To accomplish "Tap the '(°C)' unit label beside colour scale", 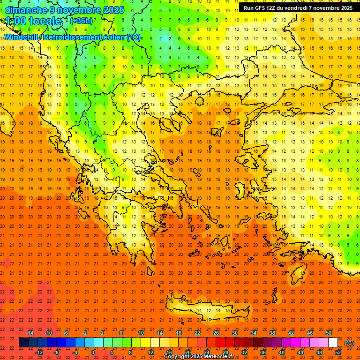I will [x=349, y=343].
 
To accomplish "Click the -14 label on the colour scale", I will [x=30, y=333].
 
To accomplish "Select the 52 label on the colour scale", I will [x=338, y=352].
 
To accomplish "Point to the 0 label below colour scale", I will [x=92, y=352].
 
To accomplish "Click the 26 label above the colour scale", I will [x=216, y=333].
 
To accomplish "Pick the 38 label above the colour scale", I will [x=272, y=333].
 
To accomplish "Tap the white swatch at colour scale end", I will [x=333, y=343].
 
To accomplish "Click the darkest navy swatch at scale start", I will [x=23, y=343].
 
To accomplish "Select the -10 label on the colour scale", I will [x=48, y=333].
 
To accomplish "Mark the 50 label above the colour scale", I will [x=329, y=333].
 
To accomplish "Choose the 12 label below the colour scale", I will [x=150, y=352].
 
